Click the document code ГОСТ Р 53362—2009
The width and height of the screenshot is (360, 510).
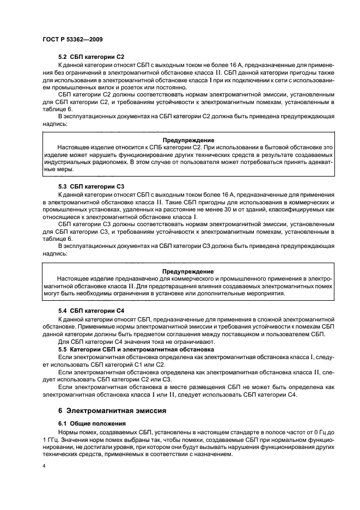(70, 40)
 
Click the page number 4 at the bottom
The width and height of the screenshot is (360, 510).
(44, 466)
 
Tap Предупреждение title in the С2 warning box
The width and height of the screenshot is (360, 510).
(188, 140)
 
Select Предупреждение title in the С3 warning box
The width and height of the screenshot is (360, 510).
(188, 271)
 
